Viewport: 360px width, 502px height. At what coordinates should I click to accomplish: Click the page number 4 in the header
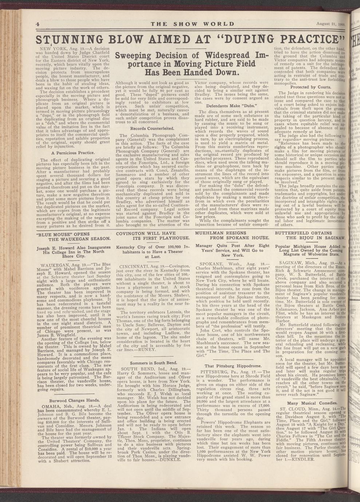pos(37,24)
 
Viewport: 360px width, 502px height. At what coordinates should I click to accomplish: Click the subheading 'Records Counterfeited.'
pos(151,128)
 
